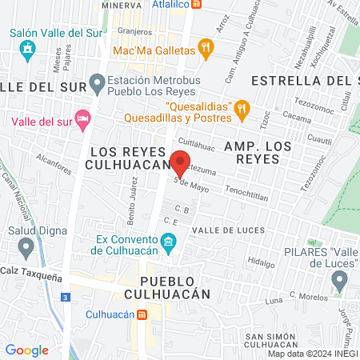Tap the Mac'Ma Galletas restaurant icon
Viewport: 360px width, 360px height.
[206, 50]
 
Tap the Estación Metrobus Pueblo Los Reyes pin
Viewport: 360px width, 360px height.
[98, 81]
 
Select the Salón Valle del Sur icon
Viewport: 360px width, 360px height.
[27, 52]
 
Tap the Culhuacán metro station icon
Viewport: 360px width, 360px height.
[142, 314]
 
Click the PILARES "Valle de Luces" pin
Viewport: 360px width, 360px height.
[339, 281]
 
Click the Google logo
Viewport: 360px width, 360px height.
[26, 350]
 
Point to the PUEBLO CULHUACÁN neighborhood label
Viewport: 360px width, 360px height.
[174, 287]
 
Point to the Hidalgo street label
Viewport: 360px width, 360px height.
[261, 261]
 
